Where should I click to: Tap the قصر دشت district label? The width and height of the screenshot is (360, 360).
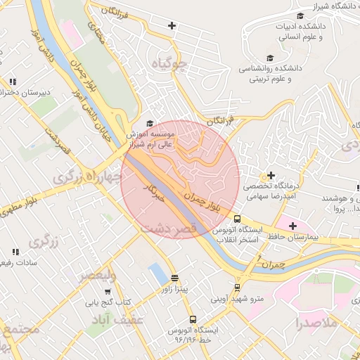point(168,230)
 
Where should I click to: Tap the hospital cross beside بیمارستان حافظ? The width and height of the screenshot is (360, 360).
point(292,226)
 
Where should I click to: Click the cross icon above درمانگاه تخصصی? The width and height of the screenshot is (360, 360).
point(271,174)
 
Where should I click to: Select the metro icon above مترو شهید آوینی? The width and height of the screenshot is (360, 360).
point(237,287)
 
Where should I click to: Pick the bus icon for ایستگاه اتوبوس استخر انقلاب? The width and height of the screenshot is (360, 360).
point(237,219)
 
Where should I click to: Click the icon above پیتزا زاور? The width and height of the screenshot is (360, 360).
point(174,278)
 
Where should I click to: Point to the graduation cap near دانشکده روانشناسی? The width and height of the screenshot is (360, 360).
point(269,58)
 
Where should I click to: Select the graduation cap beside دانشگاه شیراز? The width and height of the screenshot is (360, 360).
point(300,15)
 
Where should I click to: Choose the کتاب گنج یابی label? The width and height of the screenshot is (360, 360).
point(109,303)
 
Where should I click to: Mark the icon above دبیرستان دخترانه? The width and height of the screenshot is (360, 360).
point(13,82)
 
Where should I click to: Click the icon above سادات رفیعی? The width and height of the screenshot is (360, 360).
point(15,252)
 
